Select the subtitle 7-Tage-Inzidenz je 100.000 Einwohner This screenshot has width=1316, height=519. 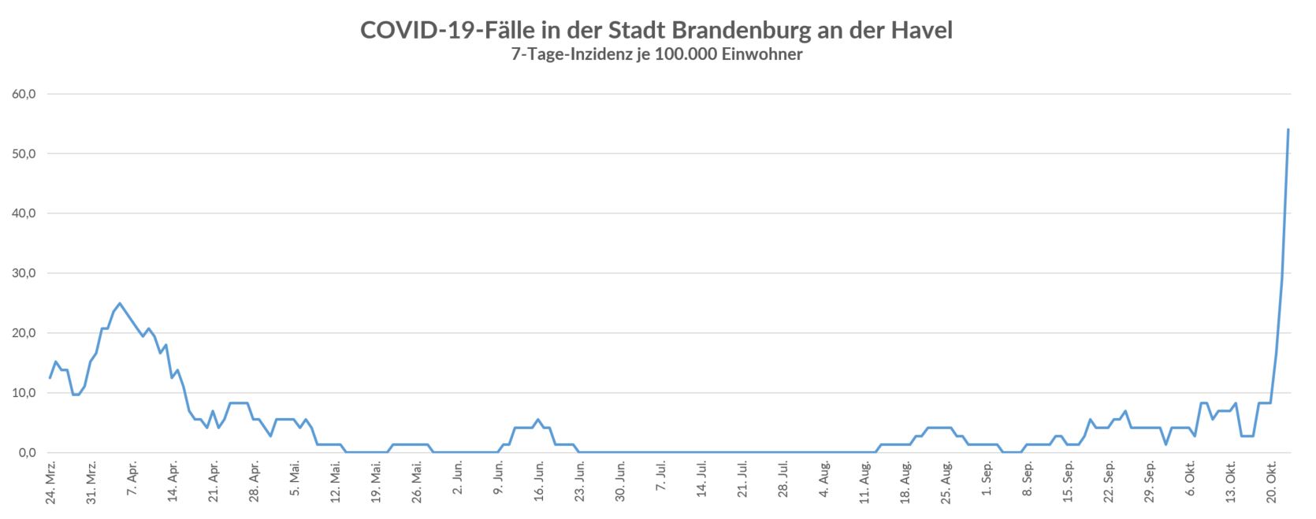pyautogui.click(x=656, y=55)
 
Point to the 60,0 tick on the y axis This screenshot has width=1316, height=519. pyautogui.click(x=27, y=95)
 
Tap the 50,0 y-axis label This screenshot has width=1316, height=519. pyautogui.click(x=27, y=154)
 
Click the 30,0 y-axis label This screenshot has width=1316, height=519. pyautogui.click(x=27, y=274)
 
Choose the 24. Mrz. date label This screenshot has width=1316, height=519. pyautogui.click(x=50, y=485)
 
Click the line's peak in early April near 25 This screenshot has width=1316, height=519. pyautogui.click(x=120, y=303)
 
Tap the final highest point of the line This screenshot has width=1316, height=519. pyautogui.click(x=1288, y=129)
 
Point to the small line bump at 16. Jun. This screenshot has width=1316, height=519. pyautogui.click(x=537, y=420)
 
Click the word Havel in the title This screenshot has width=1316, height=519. pyautogui.click(x=923, y=30)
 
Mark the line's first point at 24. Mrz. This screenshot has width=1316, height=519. pyautogui.click(x=50, y=378)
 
